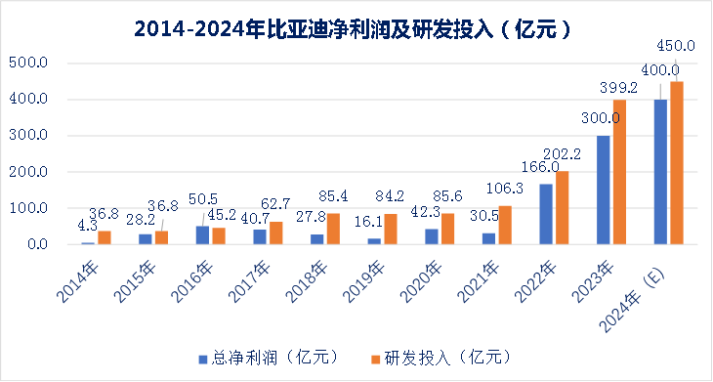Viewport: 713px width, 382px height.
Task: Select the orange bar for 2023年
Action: (618, 172)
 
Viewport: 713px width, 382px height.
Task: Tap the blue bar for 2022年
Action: (546, 214)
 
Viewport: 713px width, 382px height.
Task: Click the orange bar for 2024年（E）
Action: (676, 162)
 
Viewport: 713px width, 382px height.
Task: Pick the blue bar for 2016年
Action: (202, 235)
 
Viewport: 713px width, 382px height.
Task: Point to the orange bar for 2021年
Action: (504, 225)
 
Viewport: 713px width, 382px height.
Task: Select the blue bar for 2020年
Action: (432, 236)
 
